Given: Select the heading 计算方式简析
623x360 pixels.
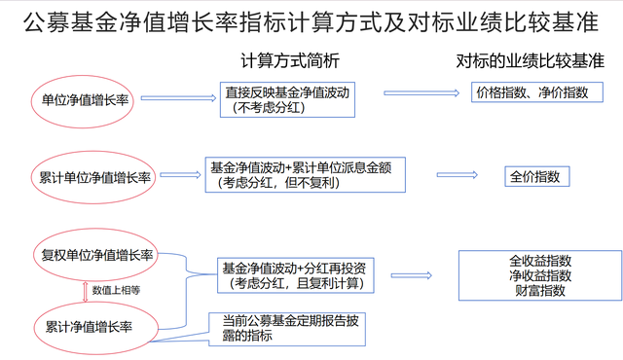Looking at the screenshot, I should [x=291, y=61].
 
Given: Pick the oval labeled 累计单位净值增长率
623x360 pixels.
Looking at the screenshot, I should [x=91, y=177].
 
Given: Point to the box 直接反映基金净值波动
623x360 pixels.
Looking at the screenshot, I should [x=286, y=98].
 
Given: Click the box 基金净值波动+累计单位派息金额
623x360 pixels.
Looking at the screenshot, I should [x=303, y=173].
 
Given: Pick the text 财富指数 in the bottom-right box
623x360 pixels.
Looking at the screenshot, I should [x=540, y=291].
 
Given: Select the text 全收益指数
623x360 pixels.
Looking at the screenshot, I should [x=540, y=262].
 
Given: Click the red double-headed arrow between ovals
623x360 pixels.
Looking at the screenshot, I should [x=86, y=290].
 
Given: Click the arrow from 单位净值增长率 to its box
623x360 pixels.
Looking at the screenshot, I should [x=179, y=98].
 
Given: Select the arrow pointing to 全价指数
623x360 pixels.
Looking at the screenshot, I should [x=457, y=175].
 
